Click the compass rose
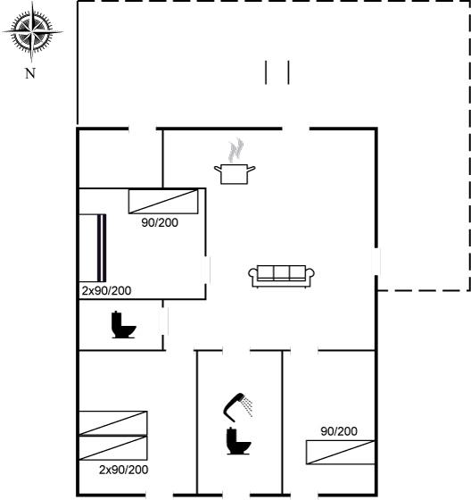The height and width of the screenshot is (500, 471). pos(32,32)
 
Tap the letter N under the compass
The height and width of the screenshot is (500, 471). pos(30,73)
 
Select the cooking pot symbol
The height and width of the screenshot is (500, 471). pos(235,174)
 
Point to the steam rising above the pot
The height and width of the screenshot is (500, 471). pos(236,150)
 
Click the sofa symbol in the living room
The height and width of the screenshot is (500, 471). pos(281,276)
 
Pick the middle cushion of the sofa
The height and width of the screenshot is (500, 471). pos(281,272)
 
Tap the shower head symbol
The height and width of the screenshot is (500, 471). pos(238,407)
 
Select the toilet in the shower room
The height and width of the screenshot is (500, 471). pos(238,442)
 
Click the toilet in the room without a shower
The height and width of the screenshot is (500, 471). pos(124,325)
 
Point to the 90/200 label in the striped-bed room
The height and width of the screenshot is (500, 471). pos(160,222)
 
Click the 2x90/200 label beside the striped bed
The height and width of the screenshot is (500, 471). pos(106,291)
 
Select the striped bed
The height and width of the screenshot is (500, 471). pos(93,248)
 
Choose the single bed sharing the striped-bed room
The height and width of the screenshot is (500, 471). pos(163,202)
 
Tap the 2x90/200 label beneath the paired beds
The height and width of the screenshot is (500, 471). pos(123,470)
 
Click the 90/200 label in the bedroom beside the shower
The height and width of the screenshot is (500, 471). pos(339,431)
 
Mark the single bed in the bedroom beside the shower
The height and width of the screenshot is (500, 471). pos(341,452)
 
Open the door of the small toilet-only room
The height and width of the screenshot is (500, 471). pos(164,321)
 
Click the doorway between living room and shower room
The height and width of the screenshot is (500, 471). pos(236,351)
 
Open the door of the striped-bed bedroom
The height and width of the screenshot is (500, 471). pos(205,270)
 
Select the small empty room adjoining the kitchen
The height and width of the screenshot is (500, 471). pos(120,159)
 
